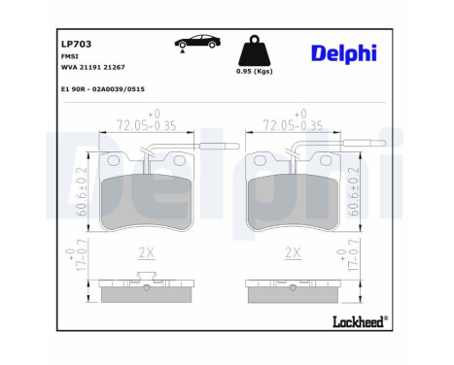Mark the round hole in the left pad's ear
point(114,161)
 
